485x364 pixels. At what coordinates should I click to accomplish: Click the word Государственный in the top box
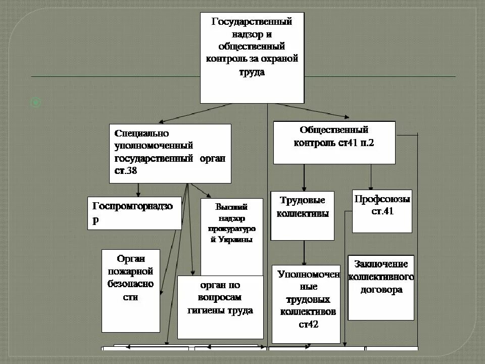(x=252, y=22)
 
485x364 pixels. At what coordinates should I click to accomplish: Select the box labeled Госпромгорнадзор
(x=134, y=213)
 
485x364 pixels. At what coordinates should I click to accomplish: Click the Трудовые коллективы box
(x=302, y=215)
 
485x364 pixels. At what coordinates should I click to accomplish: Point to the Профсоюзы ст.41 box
(x=382, y=211)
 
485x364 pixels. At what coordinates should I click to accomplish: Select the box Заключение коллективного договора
(x=381, y=287)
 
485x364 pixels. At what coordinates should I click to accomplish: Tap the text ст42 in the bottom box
(x=308, y=325)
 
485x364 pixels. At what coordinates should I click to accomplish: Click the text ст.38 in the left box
(x=126, y=171)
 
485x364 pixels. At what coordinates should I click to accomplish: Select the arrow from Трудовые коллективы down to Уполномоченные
(x=304, y=253)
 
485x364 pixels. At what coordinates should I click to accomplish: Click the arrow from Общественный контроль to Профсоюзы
(x=371, y=177)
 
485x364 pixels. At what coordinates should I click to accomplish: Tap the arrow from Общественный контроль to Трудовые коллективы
(x=304, y=177)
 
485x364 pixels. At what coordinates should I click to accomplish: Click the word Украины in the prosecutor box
(x=232, y=240)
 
